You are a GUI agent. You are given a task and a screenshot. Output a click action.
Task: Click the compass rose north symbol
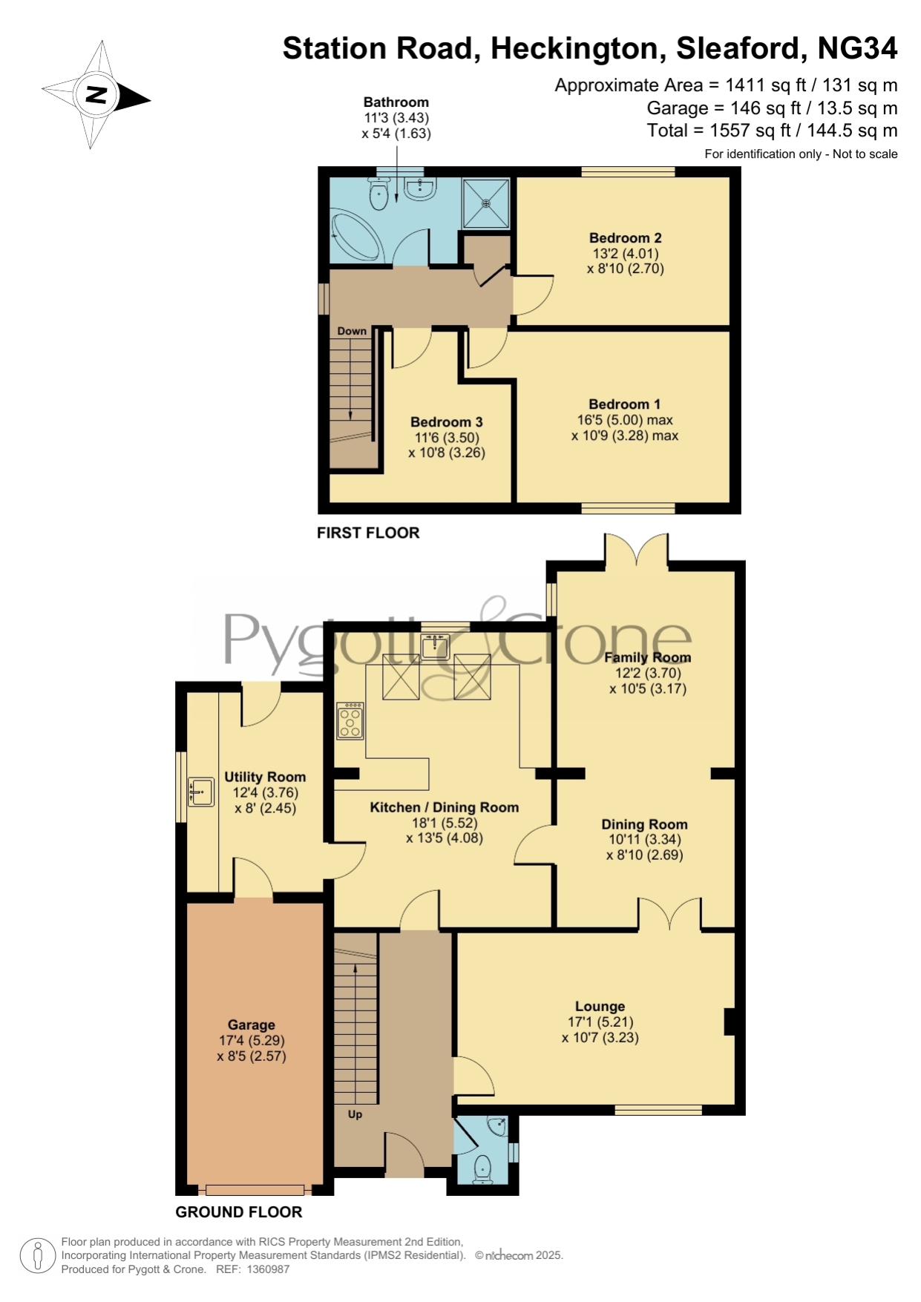pos(96,95)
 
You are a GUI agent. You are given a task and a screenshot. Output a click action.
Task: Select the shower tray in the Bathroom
pos(486,203)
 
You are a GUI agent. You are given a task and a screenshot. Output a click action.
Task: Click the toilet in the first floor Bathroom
pos(378,194)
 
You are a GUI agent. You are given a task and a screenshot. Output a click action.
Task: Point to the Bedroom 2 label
pos(625,238)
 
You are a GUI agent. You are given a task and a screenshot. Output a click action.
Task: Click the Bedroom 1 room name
pos(624,404)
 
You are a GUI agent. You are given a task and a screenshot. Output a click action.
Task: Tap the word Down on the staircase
pos(352,331)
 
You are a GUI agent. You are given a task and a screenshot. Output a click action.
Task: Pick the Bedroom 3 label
pos(447,422)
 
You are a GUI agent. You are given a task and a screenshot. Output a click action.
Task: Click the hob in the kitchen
pos(350,721)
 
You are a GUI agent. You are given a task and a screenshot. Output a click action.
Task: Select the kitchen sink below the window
pos(435,647)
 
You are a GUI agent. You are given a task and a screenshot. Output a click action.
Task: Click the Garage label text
pos(252,1025)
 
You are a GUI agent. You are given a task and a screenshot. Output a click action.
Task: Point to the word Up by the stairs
pos(355,1114)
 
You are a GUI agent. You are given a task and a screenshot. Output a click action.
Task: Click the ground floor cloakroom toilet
pos(483,1169)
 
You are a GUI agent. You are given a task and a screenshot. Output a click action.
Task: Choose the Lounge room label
pos(600,1007)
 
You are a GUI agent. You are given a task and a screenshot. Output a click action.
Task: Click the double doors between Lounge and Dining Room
pos(669,914)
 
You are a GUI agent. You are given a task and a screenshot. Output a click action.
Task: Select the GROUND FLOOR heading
pos(239,1212)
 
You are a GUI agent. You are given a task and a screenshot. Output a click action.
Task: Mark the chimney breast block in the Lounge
pos(730,1022)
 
